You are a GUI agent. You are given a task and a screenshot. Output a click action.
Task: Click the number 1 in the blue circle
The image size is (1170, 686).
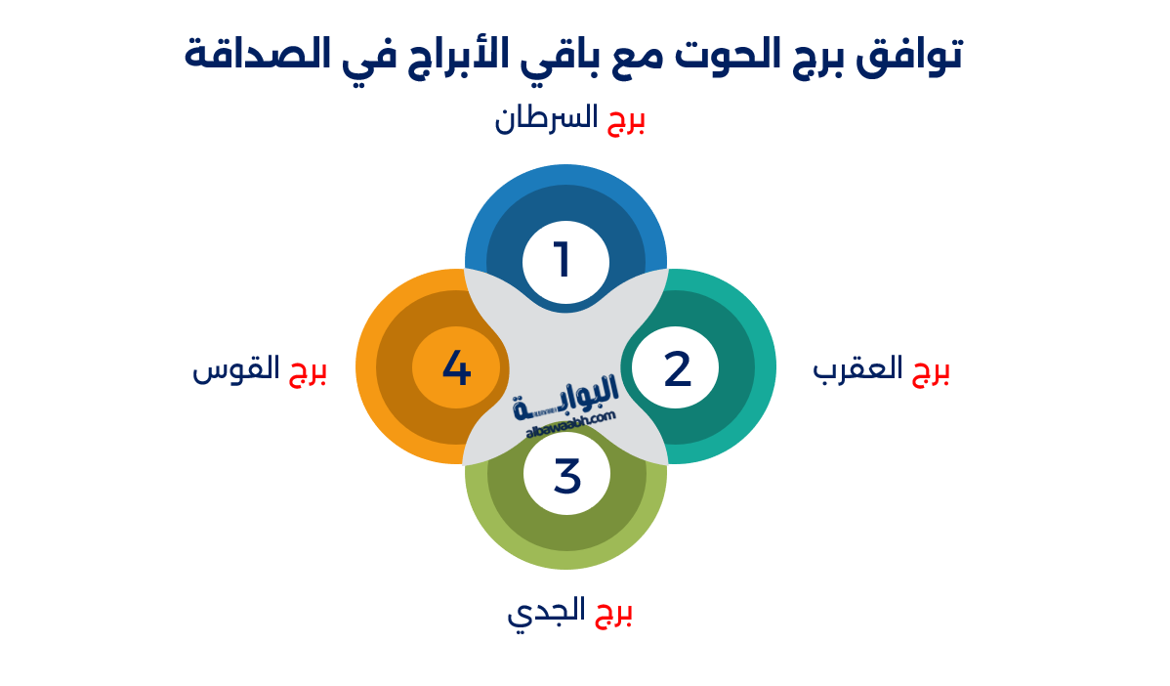[564, 261]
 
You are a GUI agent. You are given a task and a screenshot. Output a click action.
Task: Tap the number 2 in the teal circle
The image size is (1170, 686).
[677, 369]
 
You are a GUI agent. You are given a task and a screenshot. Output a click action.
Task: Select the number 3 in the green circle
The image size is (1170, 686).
[566, 476]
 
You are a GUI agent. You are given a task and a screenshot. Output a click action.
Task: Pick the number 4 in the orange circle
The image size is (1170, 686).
[456, 369]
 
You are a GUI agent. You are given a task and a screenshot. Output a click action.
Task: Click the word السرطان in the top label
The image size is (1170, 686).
[545, 119]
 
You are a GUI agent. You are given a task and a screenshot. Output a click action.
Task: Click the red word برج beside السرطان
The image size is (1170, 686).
[627, 121]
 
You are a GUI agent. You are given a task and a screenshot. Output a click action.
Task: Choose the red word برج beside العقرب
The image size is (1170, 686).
[931, 371]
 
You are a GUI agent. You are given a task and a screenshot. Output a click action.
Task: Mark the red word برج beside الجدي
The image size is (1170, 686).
[613, 613]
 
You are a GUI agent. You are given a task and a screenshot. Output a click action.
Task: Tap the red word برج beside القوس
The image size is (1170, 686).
[307, 371]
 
